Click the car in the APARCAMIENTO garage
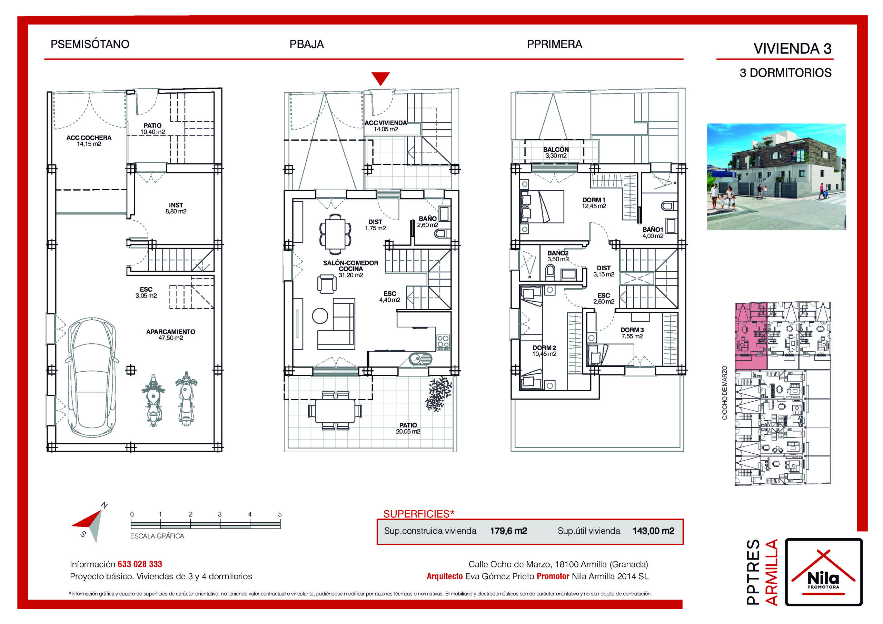pos(91,377)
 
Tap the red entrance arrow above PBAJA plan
pos(380,79)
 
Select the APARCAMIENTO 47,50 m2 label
pos(170,334)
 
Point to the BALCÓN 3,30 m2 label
pos(556,152)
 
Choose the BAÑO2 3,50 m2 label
pos(558,256)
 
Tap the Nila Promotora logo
pos(823,572)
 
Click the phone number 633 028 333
pos(140,564)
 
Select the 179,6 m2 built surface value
pos(508,531)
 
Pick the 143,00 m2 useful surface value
pos(653,531)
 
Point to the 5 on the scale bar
pos(280,514)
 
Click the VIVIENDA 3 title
pos(792,49)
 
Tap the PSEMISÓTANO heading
pos(90,44)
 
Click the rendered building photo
pos(776,177)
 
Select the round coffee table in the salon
pos(320,316)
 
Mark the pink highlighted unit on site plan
pos(751,336)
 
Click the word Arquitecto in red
pos(445,576)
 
